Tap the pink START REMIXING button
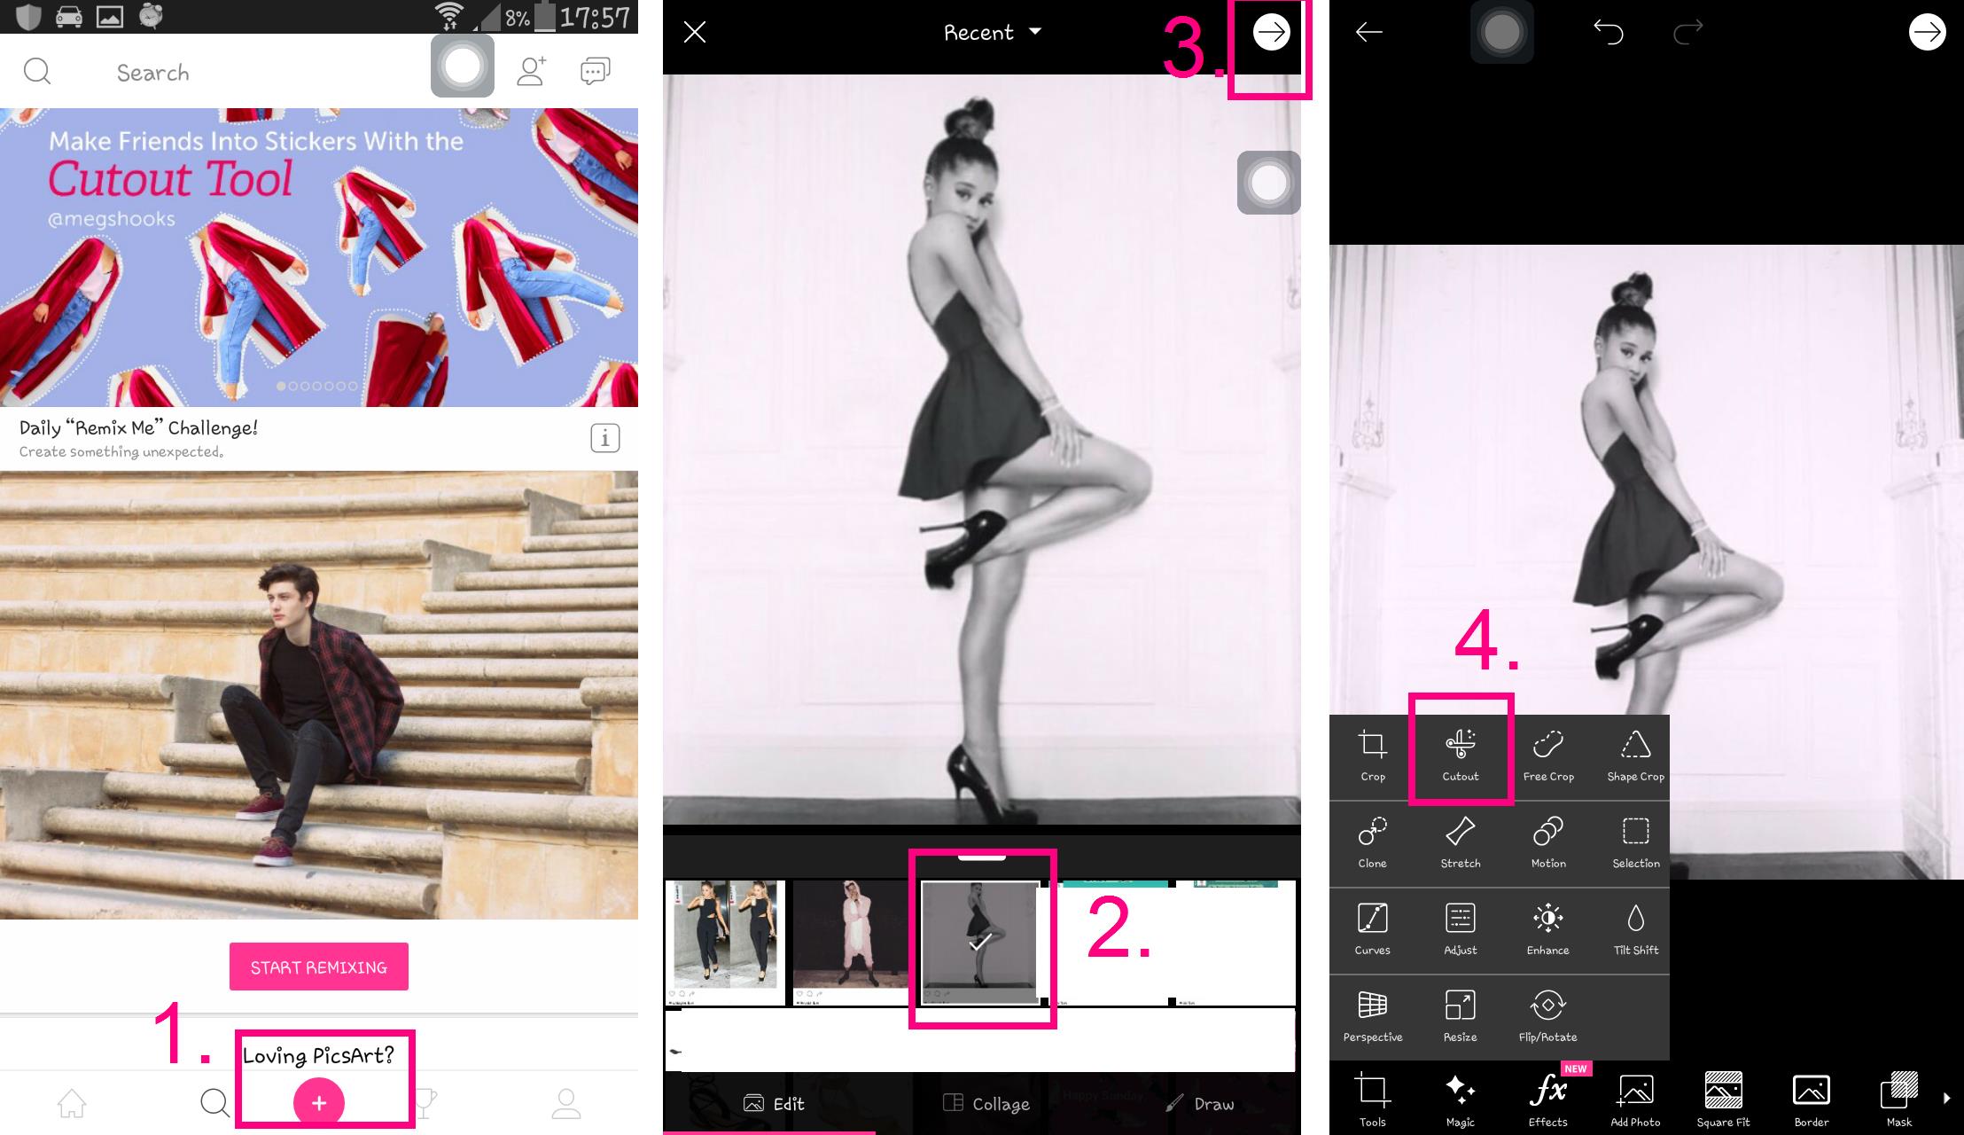coord(319,967)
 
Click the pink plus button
coord(319,1102)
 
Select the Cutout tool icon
coord(1460,744)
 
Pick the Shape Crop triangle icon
coord(1635,744)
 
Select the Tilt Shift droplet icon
coord(1636,918)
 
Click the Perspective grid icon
coord(1372,1005)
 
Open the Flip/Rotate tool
coord(1548,1015)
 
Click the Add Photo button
coord(1635,1100)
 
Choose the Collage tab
coord(986,1104)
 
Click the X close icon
coord(695,33)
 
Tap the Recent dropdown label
coord(978,33)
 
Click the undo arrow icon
coord(1608,32)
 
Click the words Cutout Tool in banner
coord(169,178)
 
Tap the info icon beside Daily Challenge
coord(605,438)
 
